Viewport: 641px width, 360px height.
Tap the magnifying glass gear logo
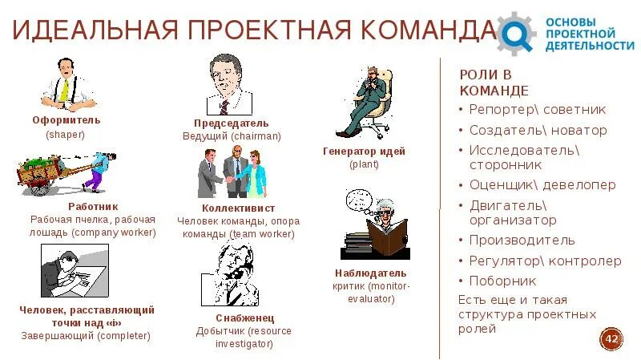point(517,33)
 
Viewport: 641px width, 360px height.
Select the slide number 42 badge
point(611,339)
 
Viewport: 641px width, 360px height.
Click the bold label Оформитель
point(67,119)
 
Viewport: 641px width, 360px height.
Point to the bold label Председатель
point(231,123)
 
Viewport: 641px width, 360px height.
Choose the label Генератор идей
point(364,151)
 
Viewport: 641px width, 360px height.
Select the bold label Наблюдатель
point(365,273)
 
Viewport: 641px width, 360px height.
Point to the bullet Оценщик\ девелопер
point(542,184)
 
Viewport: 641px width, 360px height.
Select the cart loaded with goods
point(48,171)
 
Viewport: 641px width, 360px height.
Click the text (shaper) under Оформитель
point(65,135)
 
